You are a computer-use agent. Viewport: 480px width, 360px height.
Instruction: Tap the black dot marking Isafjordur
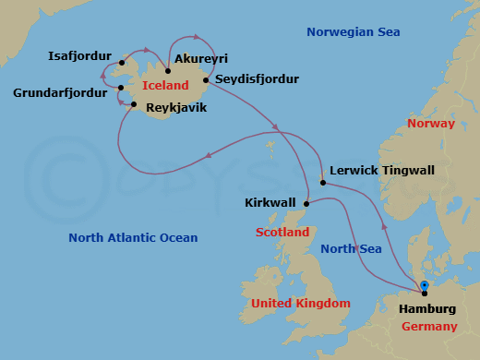[123, 64]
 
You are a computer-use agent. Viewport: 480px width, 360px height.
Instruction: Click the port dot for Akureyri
[168, 70]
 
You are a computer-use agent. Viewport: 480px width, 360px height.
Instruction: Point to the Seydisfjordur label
[257, 80]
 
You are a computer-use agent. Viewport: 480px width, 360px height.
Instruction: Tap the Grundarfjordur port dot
[121, 89]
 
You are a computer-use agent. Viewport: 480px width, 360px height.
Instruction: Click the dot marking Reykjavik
[134, 104]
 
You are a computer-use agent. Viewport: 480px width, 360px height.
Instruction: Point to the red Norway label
[430, 123]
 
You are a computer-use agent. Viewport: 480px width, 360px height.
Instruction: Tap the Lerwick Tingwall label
[381, 171]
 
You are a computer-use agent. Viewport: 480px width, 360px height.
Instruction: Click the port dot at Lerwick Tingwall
[323, 182]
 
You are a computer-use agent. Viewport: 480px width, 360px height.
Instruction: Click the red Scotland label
[283, 233]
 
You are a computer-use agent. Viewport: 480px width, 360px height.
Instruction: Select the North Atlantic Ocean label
[133, 238]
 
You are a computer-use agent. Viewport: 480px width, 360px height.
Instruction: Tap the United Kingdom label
[300, 304]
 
